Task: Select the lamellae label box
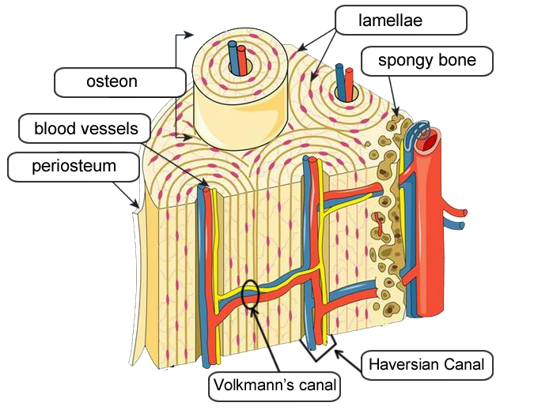click(400, 21)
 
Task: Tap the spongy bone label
click(427, 60)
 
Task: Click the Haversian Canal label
click(427, 366)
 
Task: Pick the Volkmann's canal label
click(275, 386)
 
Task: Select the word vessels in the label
click(110, 128)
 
